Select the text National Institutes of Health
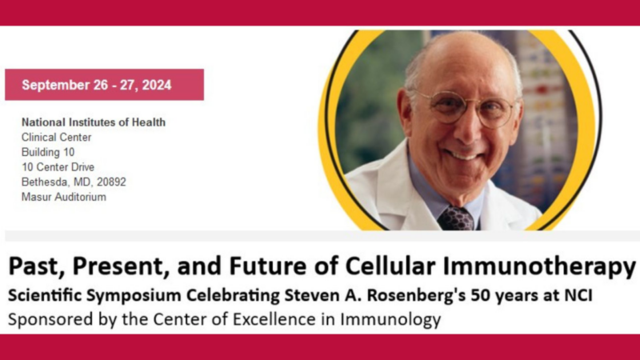tap(94, 122)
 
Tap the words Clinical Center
tap(57, 138)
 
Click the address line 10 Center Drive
tap(58, 167)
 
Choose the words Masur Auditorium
tap(64, 197)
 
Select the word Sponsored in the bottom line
tap(44, 320)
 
